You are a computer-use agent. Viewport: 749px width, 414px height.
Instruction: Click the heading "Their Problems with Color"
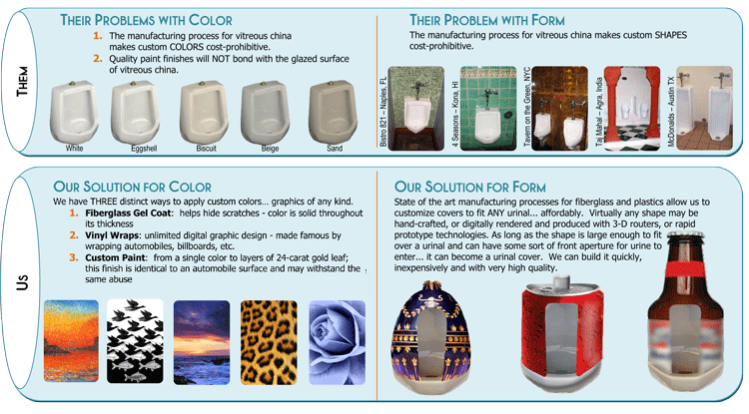coord(146,20)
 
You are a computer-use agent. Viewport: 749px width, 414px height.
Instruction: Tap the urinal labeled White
coord(74,112)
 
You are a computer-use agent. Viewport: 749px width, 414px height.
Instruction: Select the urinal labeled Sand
coord(333,112)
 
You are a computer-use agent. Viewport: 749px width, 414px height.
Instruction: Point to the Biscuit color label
coord(207,149)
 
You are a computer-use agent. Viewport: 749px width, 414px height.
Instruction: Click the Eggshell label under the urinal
coord(144,149)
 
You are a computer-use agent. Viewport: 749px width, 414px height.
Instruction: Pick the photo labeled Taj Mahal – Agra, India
coord(632,109)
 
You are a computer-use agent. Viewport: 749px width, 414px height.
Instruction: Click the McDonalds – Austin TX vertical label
coord(671,112)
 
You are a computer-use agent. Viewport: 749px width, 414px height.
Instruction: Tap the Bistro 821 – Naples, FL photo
coord(416,109)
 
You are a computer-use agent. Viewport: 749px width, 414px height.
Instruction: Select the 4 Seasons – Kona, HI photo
coord(488,109)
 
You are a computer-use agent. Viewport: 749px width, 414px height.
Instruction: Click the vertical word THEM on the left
coord(22,81)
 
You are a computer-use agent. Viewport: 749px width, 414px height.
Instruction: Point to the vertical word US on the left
coord(22,282)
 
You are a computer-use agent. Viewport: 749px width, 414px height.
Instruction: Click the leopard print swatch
coord(269,342)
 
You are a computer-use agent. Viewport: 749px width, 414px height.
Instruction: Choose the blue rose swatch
coord(338,342)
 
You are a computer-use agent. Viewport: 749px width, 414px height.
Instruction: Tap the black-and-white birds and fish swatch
coord(135,341)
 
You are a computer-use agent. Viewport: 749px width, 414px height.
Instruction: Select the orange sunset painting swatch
coord(71,341)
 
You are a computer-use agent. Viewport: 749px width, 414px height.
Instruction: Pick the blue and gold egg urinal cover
coord(431,338)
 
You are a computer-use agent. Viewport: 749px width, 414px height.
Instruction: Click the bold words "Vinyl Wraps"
coord(113,235)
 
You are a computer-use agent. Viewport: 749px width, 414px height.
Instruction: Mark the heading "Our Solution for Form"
coord(470,187)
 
